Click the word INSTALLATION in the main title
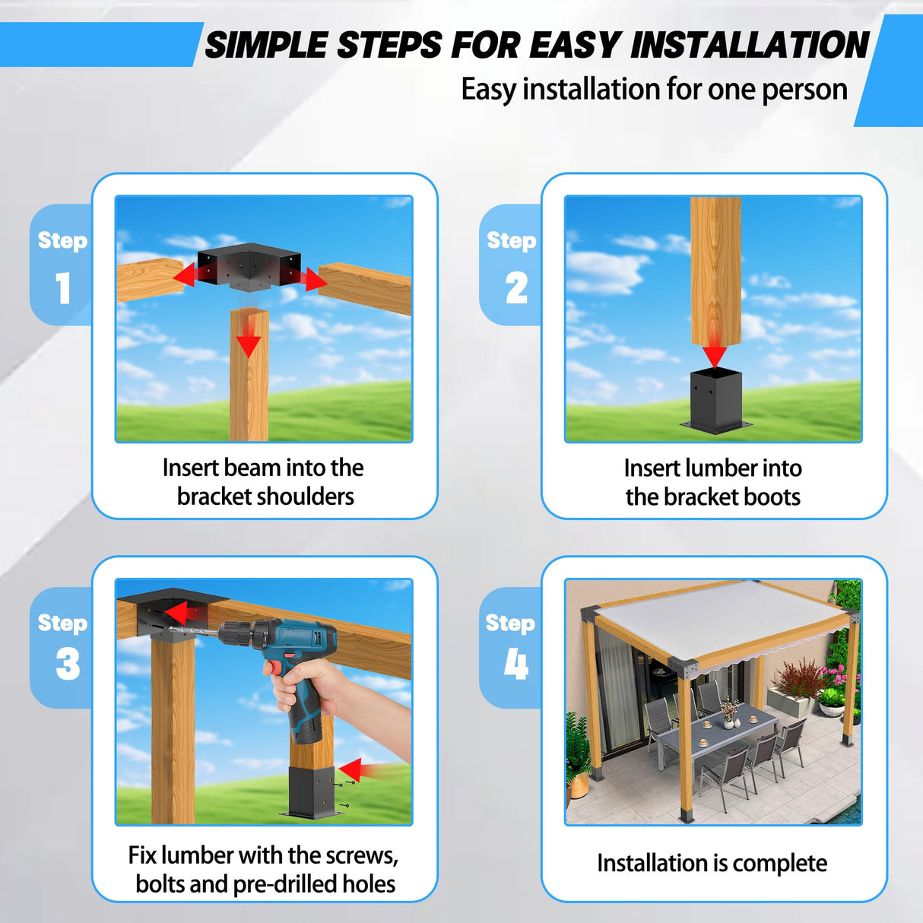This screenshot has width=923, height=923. [x=749, y=46]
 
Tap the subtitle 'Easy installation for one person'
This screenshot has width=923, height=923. [x=654, y=90]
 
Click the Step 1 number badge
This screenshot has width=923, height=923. [x=62, y=287]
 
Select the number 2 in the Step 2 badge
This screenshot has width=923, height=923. [x=516, y=288]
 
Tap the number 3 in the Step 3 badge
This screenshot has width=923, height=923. [x=68, y=664]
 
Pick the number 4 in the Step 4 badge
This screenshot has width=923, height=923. [x=516, y=664]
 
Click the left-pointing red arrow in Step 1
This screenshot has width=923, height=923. [x=186, y=275]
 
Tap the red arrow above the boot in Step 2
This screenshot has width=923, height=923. [x=714, y=353]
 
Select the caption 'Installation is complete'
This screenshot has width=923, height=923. [x=712, y=864]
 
